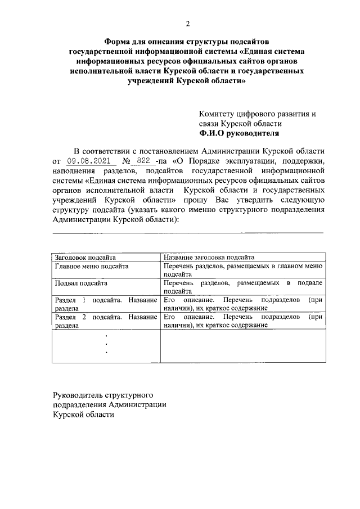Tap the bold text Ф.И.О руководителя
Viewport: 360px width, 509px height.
(238, 134)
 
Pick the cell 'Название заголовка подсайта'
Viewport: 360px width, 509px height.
(209, 256)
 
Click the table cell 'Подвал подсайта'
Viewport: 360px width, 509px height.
(81, 283)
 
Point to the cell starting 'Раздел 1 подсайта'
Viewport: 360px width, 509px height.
(106, 304)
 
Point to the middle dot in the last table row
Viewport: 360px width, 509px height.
(106, 344)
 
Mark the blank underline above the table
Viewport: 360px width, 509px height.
(188, 232)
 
